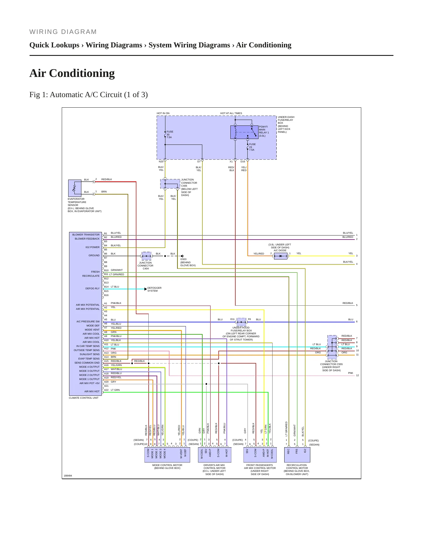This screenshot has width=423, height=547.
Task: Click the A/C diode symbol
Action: [280, 256]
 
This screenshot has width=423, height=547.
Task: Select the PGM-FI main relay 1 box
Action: [244, 132]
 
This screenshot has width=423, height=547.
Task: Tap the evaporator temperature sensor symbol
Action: [75, 188]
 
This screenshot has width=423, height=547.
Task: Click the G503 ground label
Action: [183, 259]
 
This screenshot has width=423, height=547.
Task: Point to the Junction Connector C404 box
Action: [146, 256]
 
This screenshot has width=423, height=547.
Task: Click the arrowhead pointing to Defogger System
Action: [146, 289]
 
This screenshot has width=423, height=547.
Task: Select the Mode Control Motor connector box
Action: [167, 455]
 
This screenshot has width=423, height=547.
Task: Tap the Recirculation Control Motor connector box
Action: [297, 455]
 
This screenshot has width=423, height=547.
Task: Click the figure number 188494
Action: [68, 476]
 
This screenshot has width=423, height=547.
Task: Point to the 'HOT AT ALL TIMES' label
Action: [231, 113]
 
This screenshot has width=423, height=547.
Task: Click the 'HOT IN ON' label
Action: [163, 113]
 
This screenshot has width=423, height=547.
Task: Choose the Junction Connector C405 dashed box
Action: [170, 184]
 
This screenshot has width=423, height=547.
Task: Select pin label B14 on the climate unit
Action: [106, 287]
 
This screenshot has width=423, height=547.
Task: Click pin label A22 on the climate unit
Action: [106, 390]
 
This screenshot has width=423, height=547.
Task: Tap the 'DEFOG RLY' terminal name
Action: [93, 288]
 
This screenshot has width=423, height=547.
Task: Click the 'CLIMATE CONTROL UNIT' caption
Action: [84, 398]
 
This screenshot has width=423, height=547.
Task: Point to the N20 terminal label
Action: [161, 161]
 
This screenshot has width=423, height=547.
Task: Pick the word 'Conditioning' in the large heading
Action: [82, 73]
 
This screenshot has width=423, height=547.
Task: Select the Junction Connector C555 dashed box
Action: [332, 347]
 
